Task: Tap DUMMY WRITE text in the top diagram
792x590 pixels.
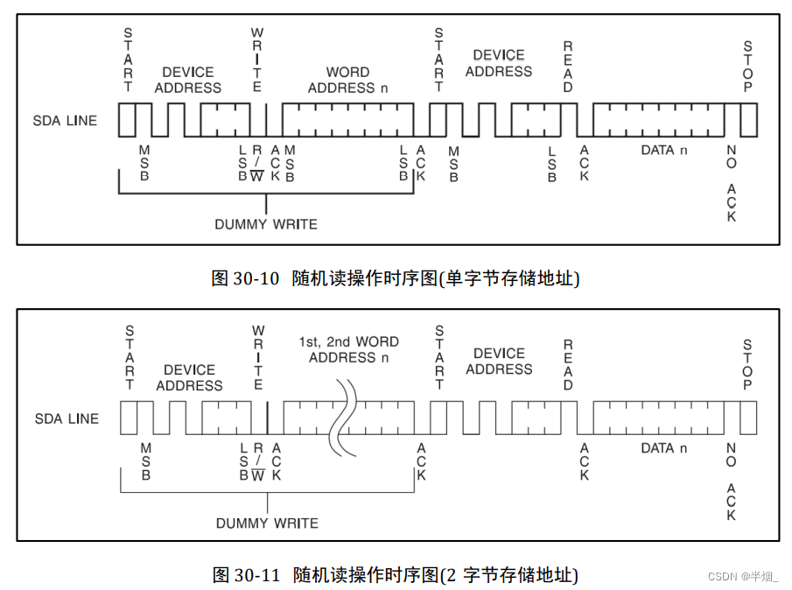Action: (x=266, y=224)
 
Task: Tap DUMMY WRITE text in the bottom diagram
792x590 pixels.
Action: (x=267, y=523)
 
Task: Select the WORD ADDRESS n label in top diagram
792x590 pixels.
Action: (x=347, y=80)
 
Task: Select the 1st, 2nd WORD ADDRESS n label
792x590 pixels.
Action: (x=348, y=349)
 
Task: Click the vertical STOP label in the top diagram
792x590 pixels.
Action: (x=747, y=67)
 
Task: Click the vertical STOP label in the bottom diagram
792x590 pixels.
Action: (x=747, y=365)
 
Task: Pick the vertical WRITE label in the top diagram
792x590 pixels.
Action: (x=257, y=60)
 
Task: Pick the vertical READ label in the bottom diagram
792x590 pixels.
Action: (x=568, y=365)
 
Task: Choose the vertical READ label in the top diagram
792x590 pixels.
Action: (x=568, y=67)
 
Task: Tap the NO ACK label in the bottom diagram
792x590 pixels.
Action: (x=732, y=481)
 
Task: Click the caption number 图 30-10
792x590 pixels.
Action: (x=245, y=278)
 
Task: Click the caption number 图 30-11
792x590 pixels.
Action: (x=245, y=575)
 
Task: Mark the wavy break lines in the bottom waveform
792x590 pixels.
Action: (x=341, y=415)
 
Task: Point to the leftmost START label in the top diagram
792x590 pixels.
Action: (x=129, y=60)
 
